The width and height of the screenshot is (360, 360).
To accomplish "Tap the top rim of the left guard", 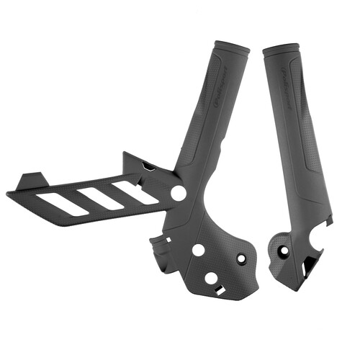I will pos(232,47).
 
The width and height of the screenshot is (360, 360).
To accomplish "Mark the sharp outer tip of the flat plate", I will pos(9,193).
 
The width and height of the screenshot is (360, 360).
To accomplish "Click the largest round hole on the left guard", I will pos(178,194).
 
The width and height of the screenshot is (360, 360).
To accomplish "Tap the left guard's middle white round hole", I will pos(197,250).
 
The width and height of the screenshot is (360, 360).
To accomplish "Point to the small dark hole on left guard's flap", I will pos(241,258).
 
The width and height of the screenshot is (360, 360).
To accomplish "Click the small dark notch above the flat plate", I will pos(148,166).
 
